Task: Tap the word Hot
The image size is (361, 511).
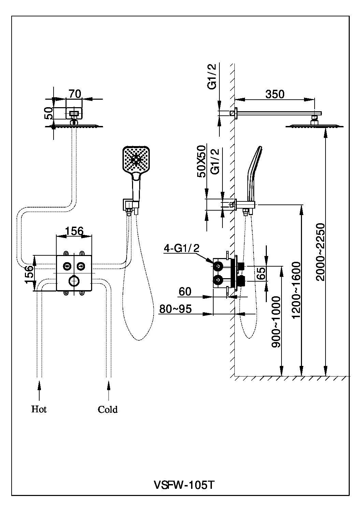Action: [x=39, y=409]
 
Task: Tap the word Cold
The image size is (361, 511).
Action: [x=107, y=409]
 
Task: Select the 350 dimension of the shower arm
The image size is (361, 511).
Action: [x=275, y=94]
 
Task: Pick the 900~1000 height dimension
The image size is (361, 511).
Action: [x=276, y=322]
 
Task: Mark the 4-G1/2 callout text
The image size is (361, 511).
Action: [x=181, y=248]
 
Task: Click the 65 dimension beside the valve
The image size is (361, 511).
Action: [x=261, y=273]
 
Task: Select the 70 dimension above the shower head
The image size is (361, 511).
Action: [x=75, y=94]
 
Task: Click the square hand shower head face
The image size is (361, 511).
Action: [x=136, y=159]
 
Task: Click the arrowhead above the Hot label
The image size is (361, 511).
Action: [x=39, y=385]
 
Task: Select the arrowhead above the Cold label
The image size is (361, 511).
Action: [x=109, y=385]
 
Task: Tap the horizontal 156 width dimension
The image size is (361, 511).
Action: [x=74, y=231]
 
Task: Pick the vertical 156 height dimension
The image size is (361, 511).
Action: [x=29, y=273]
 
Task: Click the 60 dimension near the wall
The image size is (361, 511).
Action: [x=185, y=292]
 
